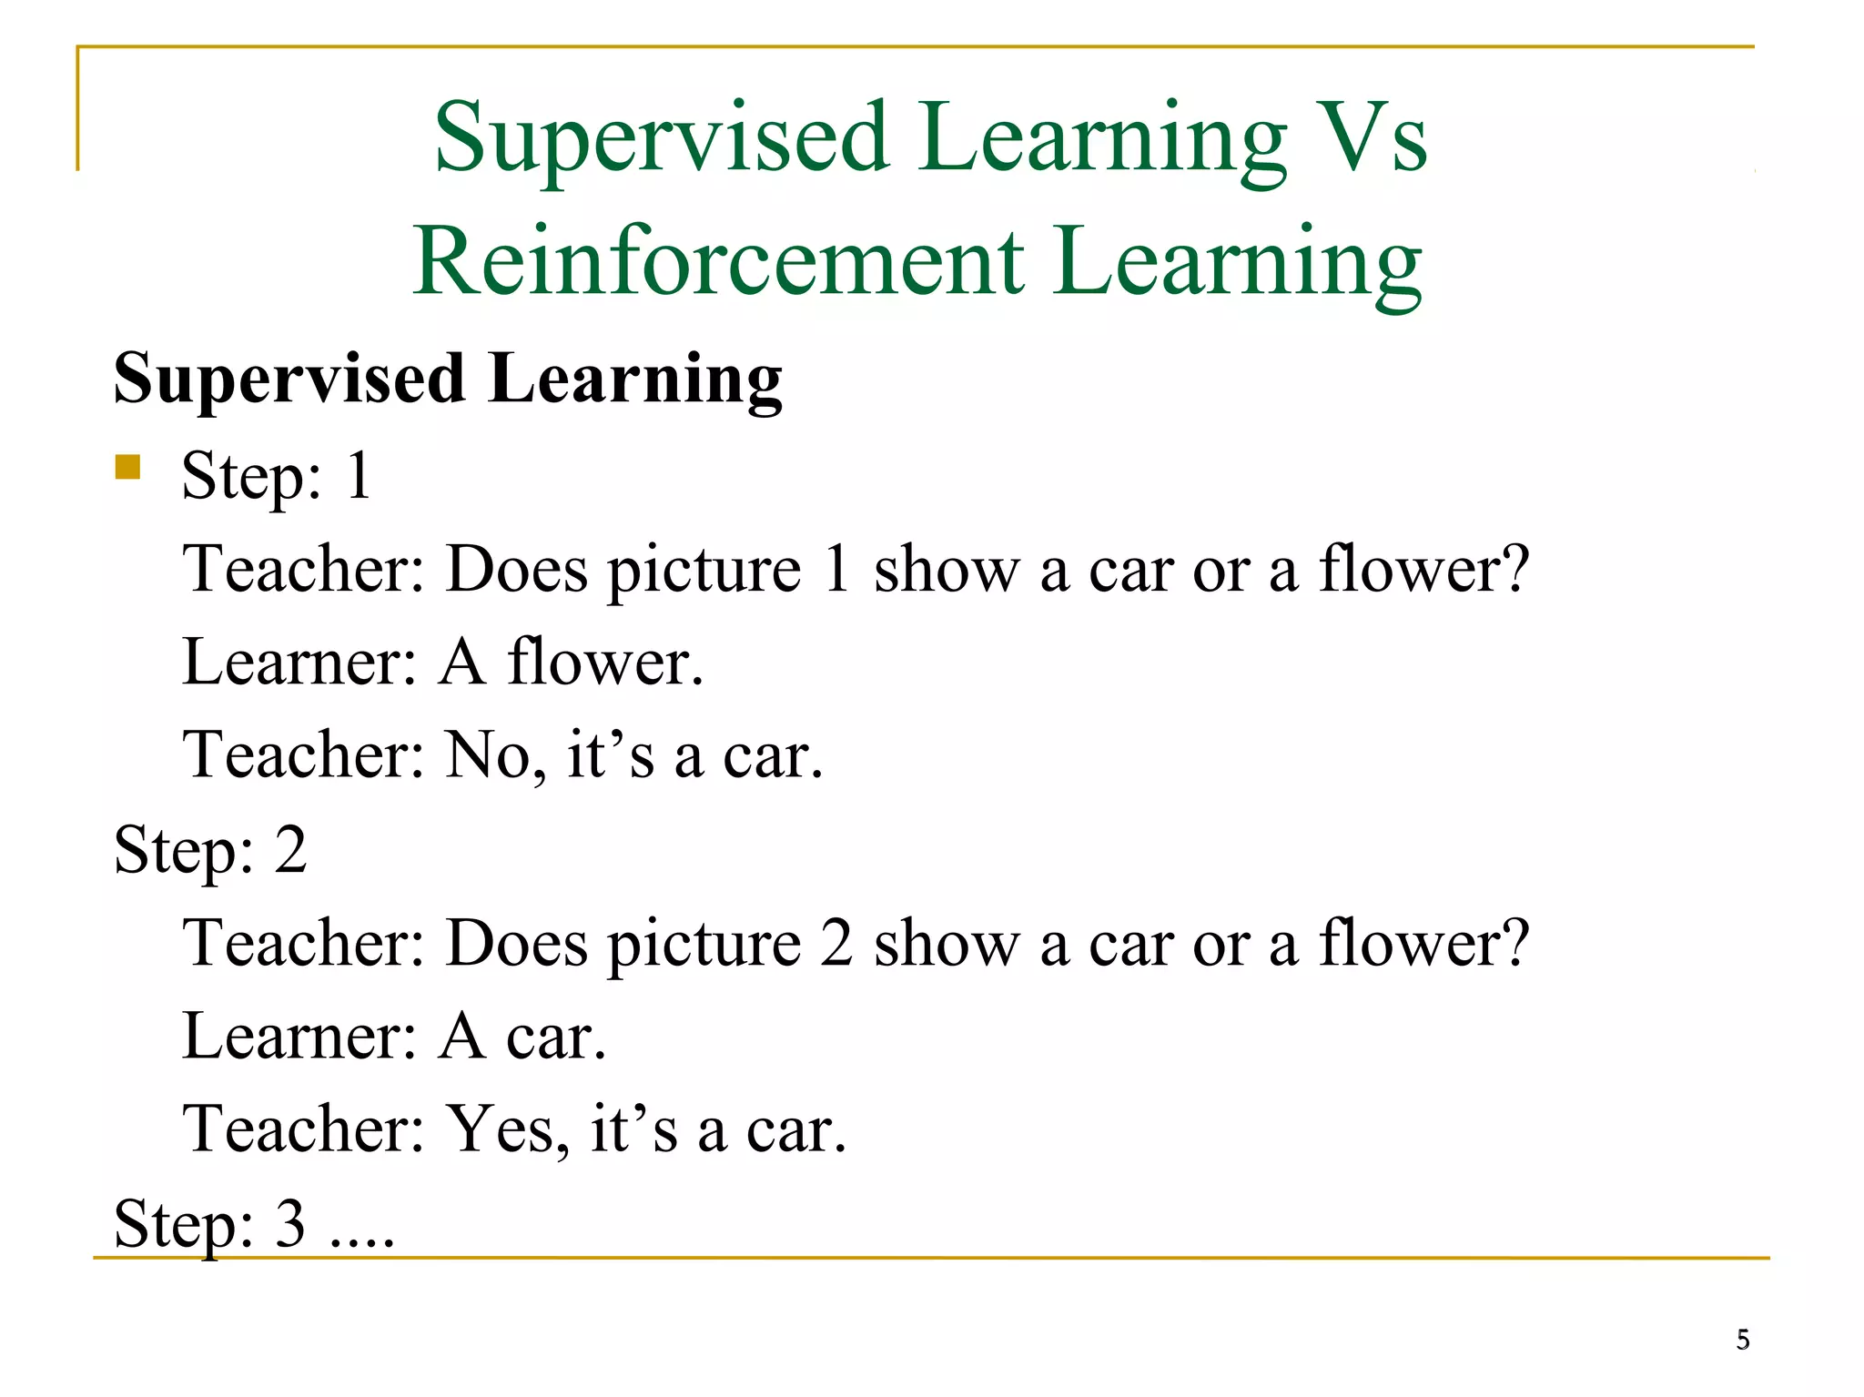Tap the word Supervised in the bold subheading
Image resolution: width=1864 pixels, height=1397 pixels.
[289, 379]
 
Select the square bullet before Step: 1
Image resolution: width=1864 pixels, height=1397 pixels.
[127, 467]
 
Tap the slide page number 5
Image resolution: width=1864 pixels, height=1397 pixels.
[1742, 1340]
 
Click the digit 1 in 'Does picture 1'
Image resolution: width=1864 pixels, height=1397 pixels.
[836, 569]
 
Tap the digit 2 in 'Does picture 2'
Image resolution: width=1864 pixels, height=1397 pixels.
[836, 943]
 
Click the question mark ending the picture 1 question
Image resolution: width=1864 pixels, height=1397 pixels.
[1514, 569]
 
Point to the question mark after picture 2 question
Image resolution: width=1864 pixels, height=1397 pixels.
[1514, 943]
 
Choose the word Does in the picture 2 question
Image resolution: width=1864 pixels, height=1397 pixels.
[516, 943]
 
